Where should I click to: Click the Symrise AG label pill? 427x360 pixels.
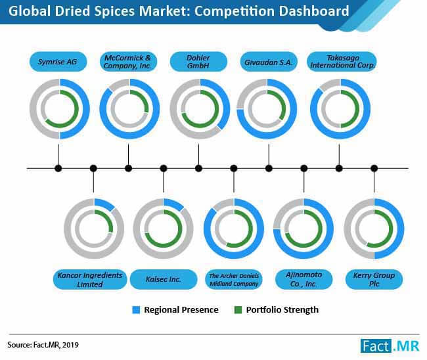coord(58,62)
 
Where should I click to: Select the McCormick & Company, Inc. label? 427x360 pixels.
coord(128,62)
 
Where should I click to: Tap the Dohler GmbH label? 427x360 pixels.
coord(198,62)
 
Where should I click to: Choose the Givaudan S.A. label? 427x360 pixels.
coord(269,62)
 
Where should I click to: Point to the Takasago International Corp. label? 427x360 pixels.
coord(342,62)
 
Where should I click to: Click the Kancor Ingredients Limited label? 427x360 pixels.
coord(90,279)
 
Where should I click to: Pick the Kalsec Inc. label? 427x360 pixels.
coord(164,279)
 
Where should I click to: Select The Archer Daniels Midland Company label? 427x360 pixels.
coord(234,279)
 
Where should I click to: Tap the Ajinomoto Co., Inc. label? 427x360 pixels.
coord(304,279)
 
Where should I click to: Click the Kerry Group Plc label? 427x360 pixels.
coord(374,279)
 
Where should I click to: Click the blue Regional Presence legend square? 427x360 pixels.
coord(136,310)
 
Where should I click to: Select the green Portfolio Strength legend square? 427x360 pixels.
coord(238,310)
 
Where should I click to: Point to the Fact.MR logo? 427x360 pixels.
coord(390,346)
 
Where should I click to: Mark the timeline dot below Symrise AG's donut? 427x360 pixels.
coord(58,168)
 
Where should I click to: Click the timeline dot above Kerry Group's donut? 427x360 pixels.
coord(374,168)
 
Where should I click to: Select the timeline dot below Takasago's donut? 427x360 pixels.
coord(339,168)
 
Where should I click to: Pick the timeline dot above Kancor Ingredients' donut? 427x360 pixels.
coord(93,168)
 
